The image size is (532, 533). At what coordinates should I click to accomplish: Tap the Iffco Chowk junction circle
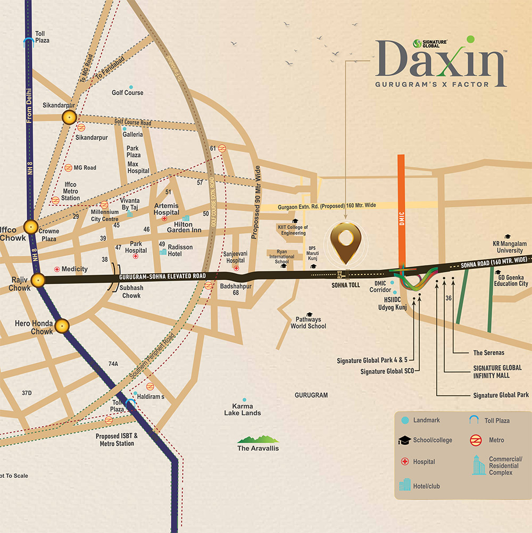pos(31,227)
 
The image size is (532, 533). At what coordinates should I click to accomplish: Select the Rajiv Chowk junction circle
pos(38,280)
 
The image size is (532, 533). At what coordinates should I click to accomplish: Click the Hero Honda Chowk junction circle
pos(62,326)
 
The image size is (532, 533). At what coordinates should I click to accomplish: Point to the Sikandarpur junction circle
pos(69,118)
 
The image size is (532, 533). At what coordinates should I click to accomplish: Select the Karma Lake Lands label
pos(243,410)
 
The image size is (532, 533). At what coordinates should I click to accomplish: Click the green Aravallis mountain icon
pos(258,439)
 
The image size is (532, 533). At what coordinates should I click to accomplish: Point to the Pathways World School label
pos(308,322)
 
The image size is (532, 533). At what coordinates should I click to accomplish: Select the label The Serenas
pos(488,353)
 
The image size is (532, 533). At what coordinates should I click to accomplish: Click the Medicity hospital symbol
pos(56,269)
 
